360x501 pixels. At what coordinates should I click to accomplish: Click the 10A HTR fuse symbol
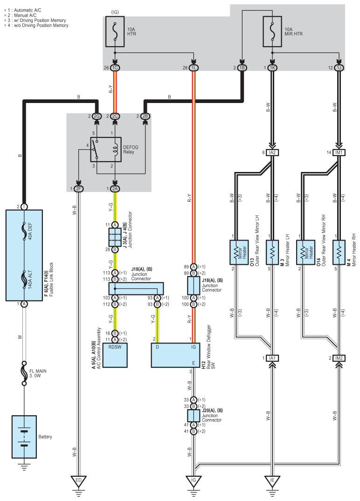[115, 31]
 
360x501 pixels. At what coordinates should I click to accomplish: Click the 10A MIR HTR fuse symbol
[272, 31]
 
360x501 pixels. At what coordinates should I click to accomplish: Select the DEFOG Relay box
[105, 150]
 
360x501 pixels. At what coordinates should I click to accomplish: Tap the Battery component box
[24, 437]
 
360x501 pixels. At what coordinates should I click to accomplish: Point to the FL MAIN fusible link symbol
[24, 373]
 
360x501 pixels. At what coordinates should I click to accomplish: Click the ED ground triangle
[79, 481]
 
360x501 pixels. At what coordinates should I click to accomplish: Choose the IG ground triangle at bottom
[194, 481]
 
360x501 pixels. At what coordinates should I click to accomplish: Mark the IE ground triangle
[272, 481]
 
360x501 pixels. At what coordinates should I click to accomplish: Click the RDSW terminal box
[115, 355]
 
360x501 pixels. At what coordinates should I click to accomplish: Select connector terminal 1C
[115, 68]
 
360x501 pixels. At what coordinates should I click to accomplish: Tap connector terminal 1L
[194, 68]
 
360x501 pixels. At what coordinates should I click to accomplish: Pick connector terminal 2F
[79, 189]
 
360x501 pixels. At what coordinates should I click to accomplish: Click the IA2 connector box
[272, 153]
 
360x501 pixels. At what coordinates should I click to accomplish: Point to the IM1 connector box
[339, 153]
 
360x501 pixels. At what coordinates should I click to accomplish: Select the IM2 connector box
[339, 358]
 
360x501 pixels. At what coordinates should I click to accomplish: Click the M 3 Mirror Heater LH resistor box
[272, 252]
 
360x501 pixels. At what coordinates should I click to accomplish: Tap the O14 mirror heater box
[305, 252]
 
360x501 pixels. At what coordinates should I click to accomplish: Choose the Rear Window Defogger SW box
[175, 355]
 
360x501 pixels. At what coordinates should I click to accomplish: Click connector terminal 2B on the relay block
[145, 117]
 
